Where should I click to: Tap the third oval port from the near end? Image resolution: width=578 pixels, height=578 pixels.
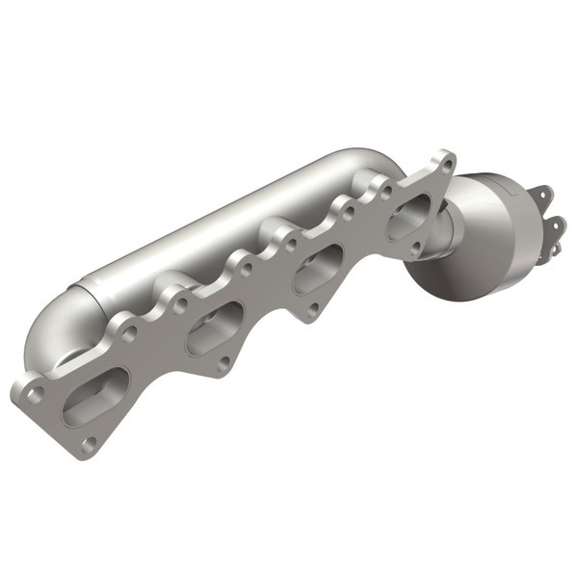point(319,269)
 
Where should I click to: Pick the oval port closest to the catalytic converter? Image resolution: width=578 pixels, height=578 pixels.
point(410,216)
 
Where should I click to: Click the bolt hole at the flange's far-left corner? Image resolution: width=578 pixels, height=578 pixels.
point(35,394)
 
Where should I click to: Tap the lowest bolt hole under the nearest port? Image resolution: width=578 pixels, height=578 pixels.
point(90,442)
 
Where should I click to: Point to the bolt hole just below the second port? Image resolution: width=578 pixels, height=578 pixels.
point(223,363)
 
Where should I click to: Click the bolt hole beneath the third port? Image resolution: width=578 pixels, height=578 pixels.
point(313,310)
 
